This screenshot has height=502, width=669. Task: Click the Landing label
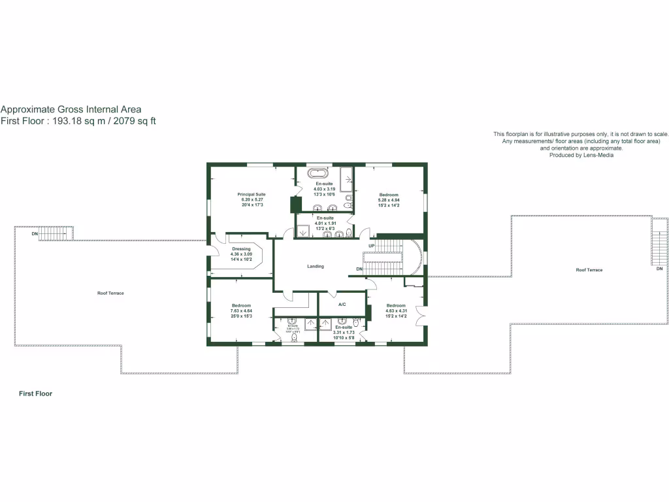(x=316, y=266)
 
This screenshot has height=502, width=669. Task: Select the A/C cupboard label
(x=342, y=305)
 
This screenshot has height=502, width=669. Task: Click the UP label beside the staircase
(x=371, y=246)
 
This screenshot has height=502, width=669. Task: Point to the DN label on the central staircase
(x=359, y=269)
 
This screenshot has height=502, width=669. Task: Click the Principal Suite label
(x=252, y=194)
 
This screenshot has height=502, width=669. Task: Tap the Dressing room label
(x=241, y=249)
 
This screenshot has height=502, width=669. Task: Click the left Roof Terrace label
(x=110, y=293)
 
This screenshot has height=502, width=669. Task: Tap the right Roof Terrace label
(x=589, y=270)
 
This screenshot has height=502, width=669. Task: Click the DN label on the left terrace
(x=35, y=233)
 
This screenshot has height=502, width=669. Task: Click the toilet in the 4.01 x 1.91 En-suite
(x=350, y=232)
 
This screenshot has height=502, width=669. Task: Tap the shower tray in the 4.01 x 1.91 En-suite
(x=303, y=231)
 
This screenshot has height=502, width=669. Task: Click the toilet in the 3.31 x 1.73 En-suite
(x=357, y=322)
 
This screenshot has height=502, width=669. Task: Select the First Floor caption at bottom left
(x=35, y=394)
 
